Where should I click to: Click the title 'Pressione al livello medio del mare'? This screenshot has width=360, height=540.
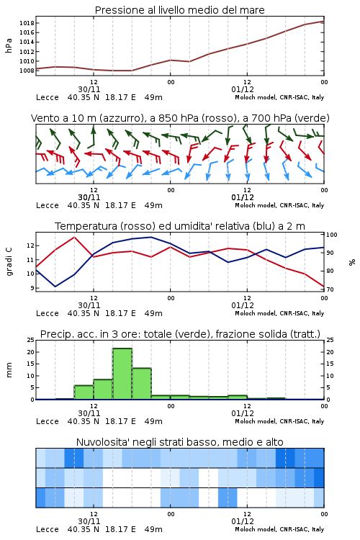coord(179,10)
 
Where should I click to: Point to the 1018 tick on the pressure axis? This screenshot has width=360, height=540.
coord(27,23)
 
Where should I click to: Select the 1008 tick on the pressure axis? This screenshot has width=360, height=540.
coord(27,71)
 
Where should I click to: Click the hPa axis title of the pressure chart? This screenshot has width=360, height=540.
coord(9,46)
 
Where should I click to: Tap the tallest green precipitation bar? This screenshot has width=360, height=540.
coord(122,374)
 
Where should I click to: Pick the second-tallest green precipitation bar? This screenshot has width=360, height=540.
coord(142,384)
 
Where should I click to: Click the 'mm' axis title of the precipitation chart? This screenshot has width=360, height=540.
coord(9,370)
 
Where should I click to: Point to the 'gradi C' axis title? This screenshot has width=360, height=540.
coord(9,262)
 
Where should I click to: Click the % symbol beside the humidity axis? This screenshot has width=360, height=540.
coord(352,262)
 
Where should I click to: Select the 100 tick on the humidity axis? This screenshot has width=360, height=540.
coord(332,235)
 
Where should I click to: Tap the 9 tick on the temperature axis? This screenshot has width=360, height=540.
coord(32,288)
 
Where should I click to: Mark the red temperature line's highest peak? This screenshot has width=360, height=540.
coord(74,237)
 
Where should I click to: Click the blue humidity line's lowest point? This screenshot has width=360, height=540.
coord(55,287)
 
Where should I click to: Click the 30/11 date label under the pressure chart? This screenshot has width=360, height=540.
coord(89,89)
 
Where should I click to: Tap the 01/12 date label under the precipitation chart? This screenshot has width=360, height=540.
coord(243,413)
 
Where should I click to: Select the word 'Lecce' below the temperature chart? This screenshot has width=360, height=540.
coord(48,313)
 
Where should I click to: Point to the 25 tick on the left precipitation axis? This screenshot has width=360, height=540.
coord(31,341)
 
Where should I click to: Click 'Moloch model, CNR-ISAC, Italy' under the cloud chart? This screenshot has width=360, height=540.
coord(279,529)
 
